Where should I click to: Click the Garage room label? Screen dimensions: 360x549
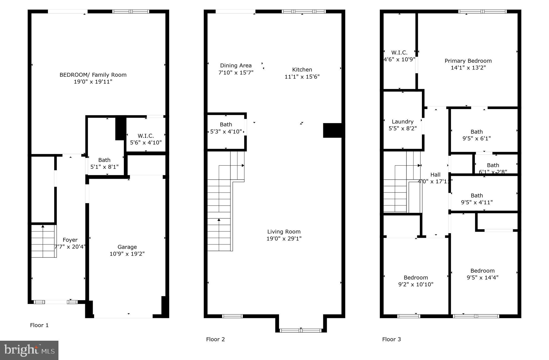click(x=127, y=247)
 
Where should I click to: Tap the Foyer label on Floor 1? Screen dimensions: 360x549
click(x=70, y=240)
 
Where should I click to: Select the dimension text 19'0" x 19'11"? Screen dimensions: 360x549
click(x=93, y=82)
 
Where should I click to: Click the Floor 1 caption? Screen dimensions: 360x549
click(x=39, y=325)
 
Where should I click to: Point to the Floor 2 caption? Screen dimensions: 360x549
click(x=215, y=339)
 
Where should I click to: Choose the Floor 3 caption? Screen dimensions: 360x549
click(x=391, y=339)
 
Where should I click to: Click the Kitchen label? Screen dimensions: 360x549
click(x=302, y=70)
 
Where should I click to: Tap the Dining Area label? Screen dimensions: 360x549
click(x=236, y=65)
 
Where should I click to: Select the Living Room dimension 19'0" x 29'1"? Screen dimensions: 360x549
click(x=284, y=239)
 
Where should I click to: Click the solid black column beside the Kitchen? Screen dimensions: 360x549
click(x=332, y=130)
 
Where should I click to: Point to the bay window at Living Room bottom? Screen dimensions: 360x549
click(x=301, y=330)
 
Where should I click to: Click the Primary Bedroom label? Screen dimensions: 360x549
click(x=468, y=61)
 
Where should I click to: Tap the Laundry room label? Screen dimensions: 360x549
click(x=402, y=122)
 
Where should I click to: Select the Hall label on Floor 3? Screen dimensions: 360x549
click(x=435, y=175)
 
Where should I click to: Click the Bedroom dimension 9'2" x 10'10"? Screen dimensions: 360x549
click(x=416, y=284)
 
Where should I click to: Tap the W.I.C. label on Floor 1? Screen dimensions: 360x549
click(x=146, y=136)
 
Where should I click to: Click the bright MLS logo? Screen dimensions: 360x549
click(x=29, y=350)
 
